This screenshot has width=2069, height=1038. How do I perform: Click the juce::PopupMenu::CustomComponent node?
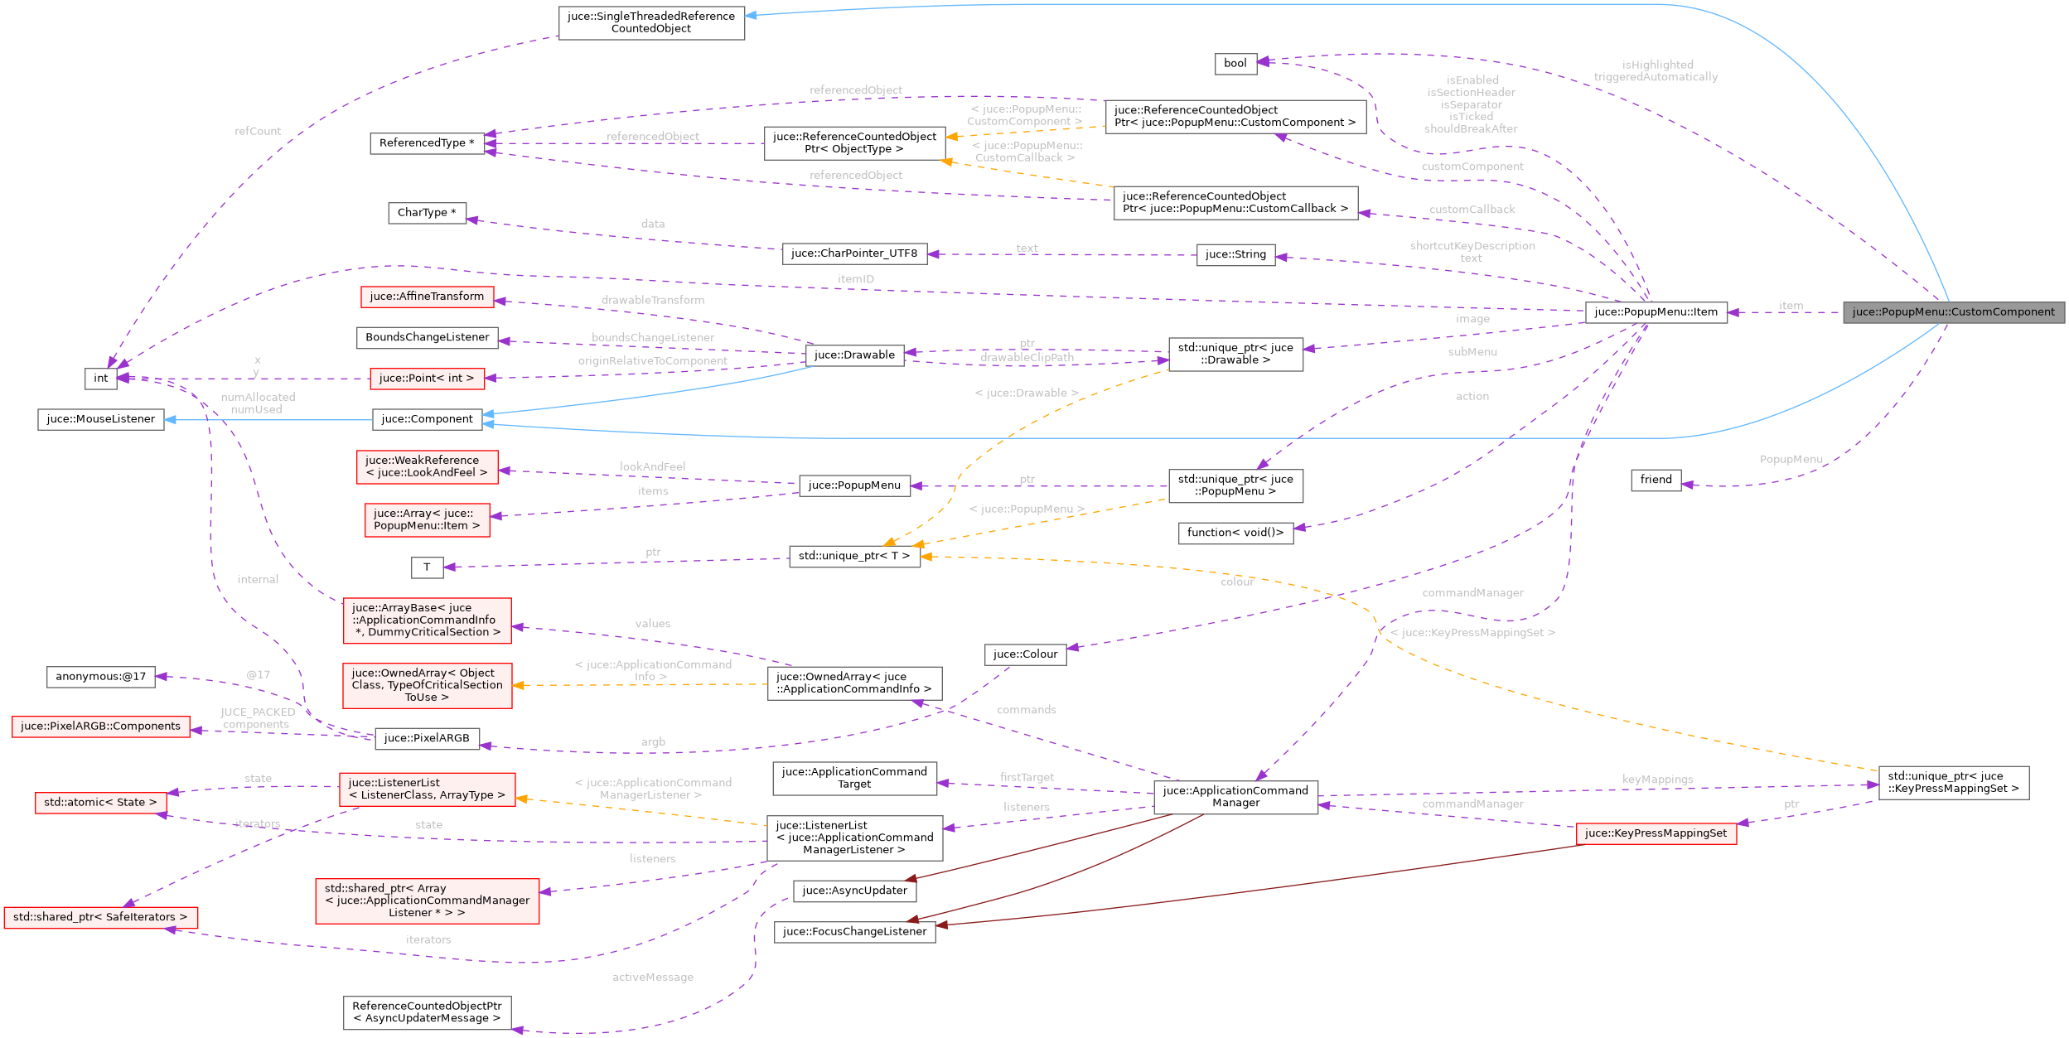(1953, 312)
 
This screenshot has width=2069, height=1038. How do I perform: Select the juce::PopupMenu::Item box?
(1656, 312)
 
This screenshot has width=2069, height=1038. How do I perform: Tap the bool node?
(1235, 64)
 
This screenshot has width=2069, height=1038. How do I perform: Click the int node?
(100, 379)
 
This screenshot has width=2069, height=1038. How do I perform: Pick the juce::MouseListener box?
(100, 419)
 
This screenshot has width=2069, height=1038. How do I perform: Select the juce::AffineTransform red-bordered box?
(427, 297)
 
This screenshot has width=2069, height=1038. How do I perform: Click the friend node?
(1656, 480)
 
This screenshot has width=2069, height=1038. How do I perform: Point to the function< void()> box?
(1235, 533)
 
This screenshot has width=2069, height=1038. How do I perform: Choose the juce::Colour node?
(1025, 654)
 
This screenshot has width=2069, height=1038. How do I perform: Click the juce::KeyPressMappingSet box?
(1656, 833)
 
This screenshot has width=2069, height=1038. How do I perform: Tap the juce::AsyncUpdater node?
(854, 891)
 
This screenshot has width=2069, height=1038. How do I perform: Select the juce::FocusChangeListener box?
(854, 932)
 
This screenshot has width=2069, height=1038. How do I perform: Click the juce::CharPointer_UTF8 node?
(853, 253)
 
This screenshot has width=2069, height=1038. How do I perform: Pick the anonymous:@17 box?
(100, 677)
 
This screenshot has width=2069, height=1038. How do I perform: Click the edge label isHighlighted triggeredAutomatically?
(1656, 71)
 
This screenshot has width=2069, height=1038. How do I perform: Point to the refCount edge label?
(258, 132)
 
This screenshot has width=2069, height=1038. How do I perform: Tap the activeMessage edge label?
(652, 978)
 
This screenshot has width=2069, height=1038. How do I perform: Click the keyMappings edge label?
(1657, 780)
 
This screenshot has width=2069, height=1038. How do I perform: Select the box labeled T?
(427, 567)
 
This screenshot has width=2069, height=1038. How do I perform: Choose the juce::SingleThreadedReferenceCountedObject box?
(650, 22)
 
